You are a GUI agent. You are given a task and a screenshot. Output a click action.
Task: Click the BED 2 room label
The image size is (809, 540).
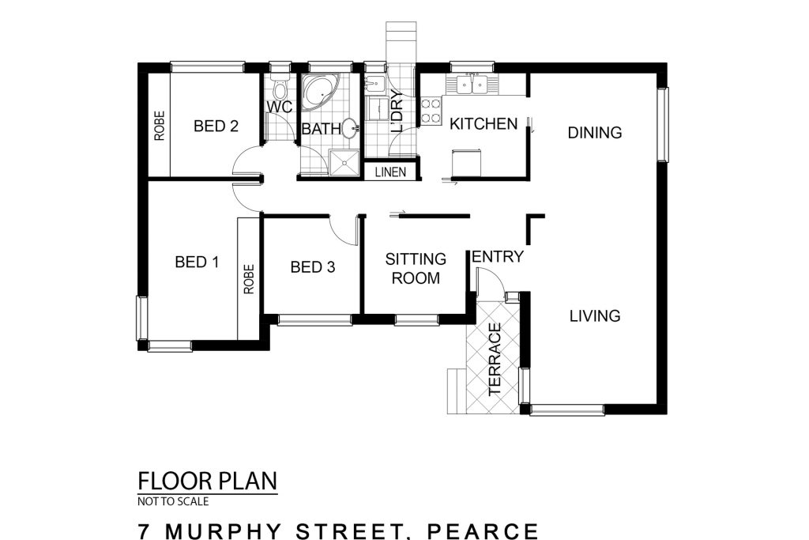pos(216,126)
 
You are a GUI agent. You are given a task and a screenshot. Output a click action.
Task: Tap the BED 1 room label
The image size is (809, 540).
pos(197,262)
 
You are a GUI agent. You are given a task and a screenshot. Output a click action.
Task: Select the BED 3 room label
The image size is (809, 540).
pos(313,267)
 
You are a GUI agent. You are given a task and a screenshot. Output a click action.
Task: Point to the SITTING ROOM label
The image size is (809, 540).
pos(416,269)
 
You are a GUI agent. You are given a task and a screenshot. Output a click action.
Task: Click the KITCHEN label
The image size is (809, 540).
pos(484,124)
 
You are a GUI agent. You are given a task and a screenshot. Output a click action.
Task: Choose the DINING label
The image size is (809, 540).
pos(594,133)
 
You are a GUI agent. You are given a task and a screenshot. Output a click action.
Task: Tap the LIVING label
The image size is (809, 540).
pos(595,315)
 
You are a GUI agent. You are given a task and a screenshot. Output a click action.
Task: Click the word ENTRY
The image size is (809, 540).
pos(498,257)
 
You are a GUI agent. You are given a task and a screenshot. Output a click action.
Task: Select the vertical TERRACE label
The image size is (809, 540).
pos(495,359)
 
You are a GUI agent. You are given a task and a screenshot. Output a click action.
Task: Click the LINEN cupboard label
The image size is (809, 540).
pos(390,172)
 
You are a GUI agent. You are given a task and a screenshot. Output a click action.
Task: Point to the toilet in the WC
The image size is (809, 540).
pos(280,88)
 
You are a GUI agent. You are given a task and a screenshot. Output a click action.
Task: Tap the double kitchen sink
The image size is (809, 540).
pos(472,85)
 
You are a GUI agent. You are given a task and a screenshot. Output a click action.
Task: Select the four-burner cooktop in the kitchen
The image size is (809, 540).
pos(431,111)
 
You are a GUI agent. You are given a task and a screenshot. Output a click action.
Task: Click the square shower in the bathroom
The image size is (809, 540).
pos(344,163)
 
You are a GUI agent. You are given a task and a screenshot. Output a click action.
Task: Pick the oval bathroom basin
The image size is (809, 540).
pos(349,128)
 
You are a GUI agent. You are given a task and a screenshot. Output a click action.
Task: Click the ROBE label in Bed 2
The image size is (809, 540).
pos(160,126)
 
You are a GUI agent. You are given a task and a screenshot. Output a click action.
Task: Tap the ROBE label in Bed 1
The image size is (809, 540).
pos(249,279)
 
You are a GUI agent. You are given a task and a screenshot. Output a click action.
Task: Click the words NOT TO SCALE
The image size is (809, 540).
pos(173,501)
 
